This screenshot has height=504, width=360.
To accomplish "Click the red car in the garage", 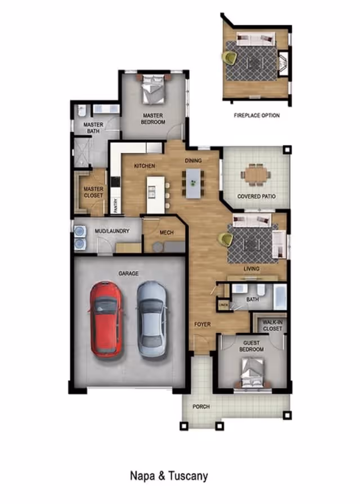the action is point(106,319).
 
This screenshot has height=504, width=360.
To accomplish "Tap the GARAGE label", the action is point(129,273).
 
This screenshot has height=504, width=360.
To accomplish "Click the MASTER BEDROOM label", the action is point(153,119).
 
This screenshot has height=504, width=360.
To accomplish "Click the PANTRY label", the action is point(116,205).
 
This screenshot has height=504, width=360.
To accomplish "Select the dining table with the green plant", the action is point(193,183).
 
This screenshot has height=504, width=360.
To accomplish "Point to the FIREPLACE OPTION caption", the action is point(257,115).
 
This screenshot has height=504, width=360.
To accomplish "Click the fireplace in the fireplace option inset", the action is point(283,64).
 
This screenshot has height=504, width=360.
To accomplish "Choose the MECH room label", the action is point(166,232).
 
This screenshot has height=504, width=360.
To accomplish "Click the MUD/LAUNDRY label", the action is point(112,231).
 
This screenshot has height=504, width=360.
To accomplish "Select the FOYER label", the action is point(202,325).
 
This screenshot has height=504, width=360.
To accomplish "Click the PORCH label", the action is point(201,407).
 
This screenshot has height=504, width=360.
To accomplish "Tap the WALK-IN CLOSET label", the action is point(272,325).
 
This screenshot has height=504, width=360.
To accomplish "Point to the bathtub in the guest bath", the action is point(280,296).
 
